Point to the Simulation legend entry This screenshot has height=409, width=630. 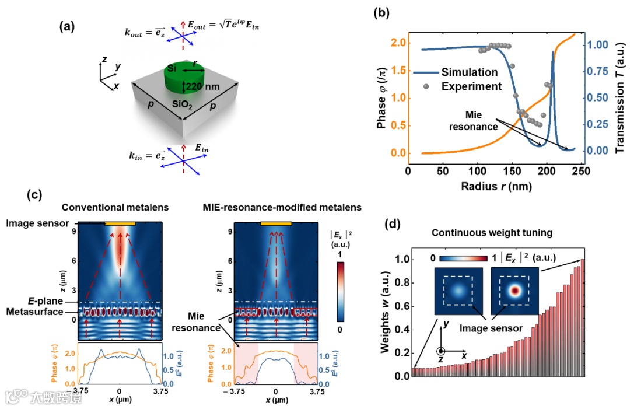coord(470,72)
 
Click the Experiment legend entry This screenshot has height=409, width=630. coord(471,86)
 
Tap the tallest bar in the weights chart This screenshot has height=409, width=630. coord(582,318)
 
